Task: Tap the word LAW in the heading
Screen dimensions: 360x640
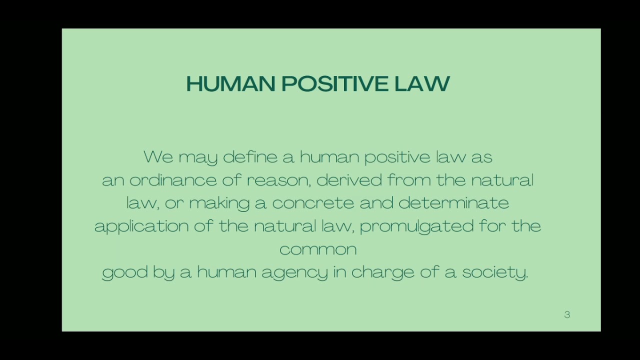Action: tap(422, 84)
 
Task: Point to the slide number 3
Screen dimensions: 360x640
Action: tap(567, 314)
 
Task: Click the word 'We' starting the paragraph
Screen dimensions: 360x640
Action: tap(158, 157)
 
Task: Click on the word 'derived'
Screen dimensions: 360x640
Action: tap(349, 180)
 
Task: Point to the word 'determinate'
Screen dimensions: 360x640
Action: tap(453, 203)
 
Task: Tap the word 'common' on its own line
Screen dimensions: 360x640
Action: tap(318, 249)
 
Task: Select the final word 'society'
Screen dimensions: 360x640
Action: tap(494, 272)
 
